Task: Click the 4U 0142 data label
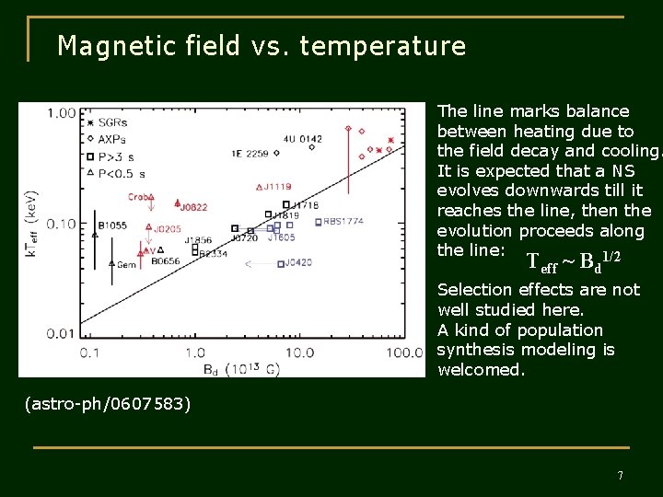pos(303,139)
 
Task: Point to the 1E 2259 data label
pos(250,154)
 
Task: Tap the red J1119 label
pos(278,187)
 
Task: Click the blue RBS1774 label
pos(343,222)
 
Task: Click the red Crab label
pos(139,197)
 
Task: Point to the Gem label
pos(126,264)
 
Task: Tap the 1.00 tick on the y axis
pos(62,113)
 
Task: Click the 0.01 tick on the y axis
pos(62,333)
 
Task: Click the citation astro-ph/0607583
pos(108,403)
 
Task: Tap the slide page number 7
pos(620,475)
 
